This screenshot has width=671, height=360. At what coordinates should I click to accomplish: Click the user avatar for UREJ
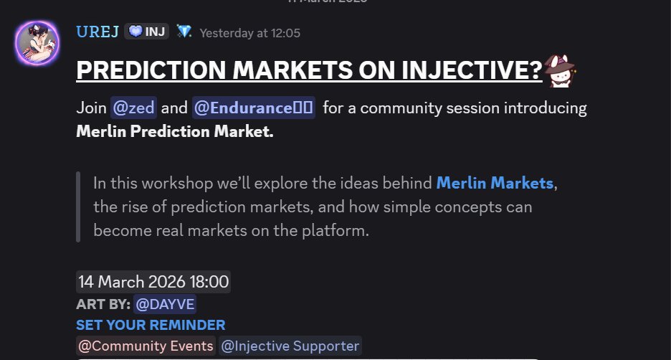pyautogui.click(x=38, y=44)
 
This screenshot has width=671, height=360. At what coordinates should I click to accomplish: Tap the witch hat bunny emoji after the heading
pyautogui.click(x=561, y=71)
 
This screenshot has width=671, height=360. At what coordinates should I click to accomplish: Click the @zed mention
pyautogui.click(x=133, y=108)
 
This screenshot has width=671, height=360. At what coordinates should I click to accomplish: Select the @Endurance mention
pyautogui.click(x=253, y=108)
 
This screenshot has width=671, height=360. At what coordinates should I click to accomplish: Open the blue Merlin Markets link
pyautogui.click(x=495, y=183)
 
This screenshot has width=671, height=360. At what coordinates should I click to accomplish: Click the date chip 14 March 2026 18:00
pyautogui.click(x=153, y=282)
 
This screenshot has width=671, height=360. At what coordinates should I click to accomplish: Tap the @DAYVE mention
pyautogui.click(x=165, y=304)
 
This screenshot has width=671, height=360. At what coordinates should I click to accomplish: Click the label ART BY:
pyautogui.click(x=102, y=304)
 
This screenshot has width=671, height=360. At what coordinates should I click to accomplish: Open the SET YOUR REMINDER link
pyautogui.click(x=151, y=325)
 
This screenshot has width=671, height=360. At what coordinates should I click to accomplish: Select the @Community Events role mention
pyautogui.click(x=146, y=346)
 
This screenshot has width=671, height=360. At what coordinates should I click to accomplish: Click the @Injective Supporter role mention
pyautogui.click(x=290, y=346)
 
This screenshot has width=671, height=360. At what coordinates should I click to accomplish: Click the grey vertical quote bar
pyautogui.click(x=77, y=207)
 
